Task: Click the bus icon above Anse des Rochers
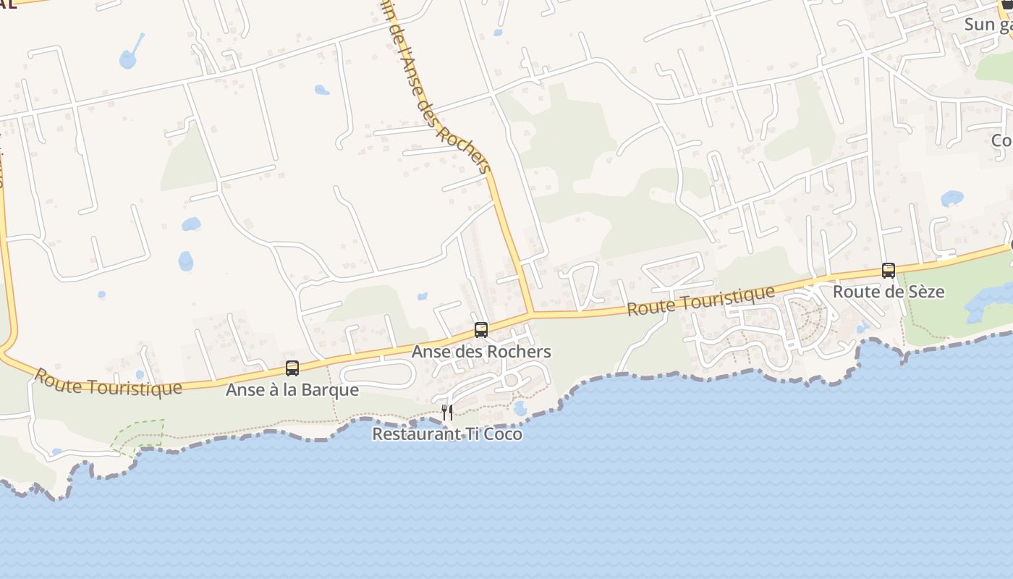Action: coord(480,330)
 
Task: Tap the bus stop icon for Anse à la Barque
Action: coord(292,368)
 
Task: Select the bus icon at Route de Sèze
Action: coord(888,271)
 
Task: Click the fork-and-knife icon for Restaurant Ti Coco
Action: coord(447,413)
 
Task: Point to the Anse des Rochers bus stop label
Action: coord(481,352)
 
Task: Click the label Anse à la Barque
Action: coord(292,389)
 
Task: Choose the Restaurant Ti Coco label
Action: coord(447,434)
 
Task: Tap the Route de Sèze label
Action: coord(889,292)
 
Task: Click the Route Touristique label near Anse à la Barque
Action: coord(108,382)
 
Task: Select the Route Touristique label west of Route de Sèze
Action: coord(700,300)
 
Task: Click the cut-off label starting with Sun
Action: coord(988,25)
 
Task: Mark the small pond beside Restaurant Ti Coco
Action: coord(520,407)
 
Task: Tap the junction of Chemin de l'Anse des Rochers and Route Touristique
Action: coord(532,313)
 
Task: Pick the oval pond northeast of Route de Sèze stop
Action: coord(951,198)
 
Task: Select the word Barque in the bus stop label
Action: coord(334,389)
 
